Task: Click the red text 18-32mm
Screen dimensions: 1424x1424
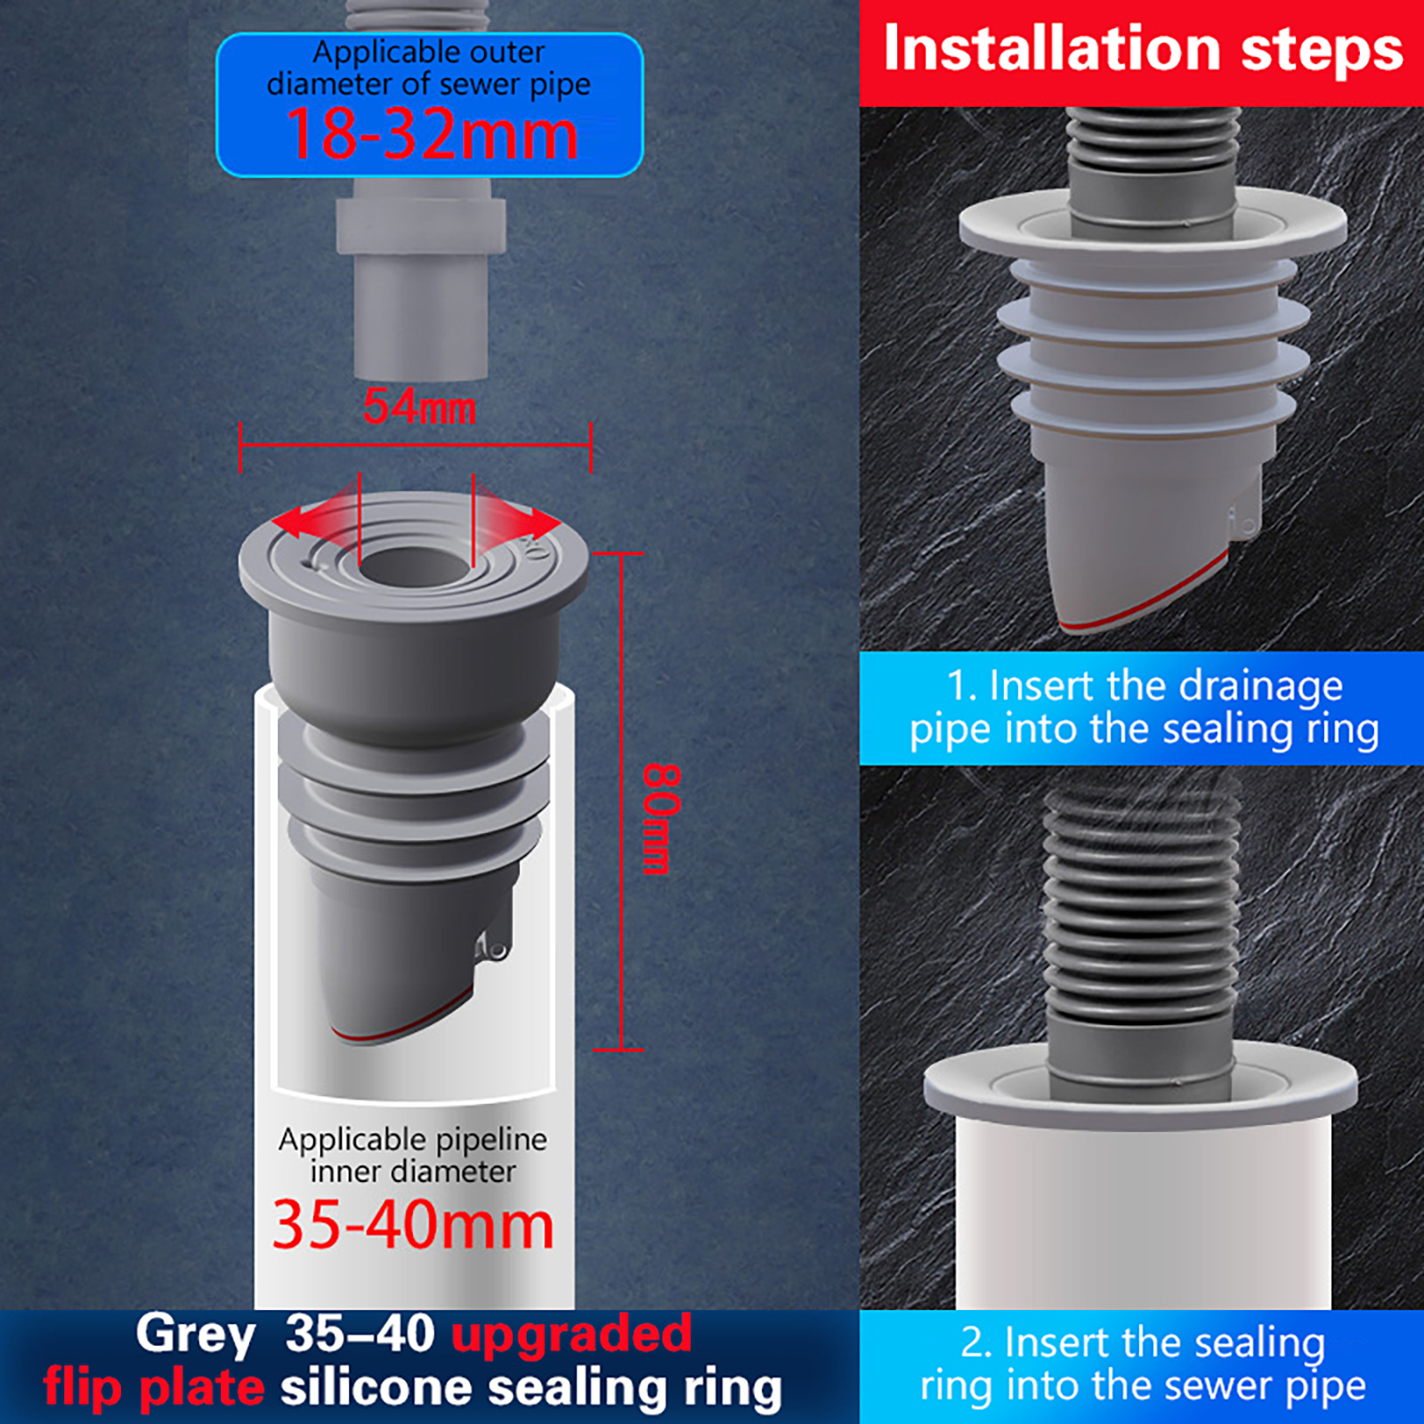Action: pyautogui.click(x=432, y=134)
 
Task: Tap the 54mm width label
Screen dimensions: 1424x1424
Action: pyautogui.click(x=419, y=408)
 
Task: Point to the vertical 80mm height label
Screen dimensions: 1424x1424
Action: pyautogui.click(x=661, y=818)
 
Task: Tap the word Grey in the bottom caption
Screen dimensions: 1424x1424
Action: pyautogui.click(x=196, y=1336)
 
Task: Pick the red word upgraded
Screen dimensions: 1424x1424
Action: pyautogui.click(x=571, y=1335)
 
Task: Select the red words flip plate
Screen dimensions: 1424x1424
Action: pyautogui.click(x=154, y=1388)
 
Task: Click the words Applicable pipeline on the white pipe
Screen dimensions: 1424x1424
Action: pyautogui.click(x=413, y=1140)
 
